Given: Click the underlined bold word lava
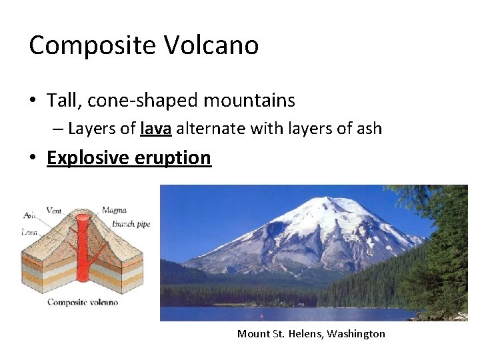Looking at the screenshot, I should click(157, 128).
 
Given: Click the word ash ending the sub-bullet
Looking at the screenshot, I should click(369, 128).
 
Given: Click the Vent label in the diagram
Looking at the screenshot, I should click(53, 211).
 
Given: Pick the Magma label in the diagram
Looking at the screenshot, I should click(114, 211).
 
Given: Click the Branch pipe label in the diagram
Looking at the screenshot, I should click(131, 224).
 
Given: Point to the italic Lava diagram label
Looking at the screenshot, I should click(30, 232).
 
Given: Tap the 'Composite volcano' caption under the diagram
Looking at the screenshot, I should click(82, 302).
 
